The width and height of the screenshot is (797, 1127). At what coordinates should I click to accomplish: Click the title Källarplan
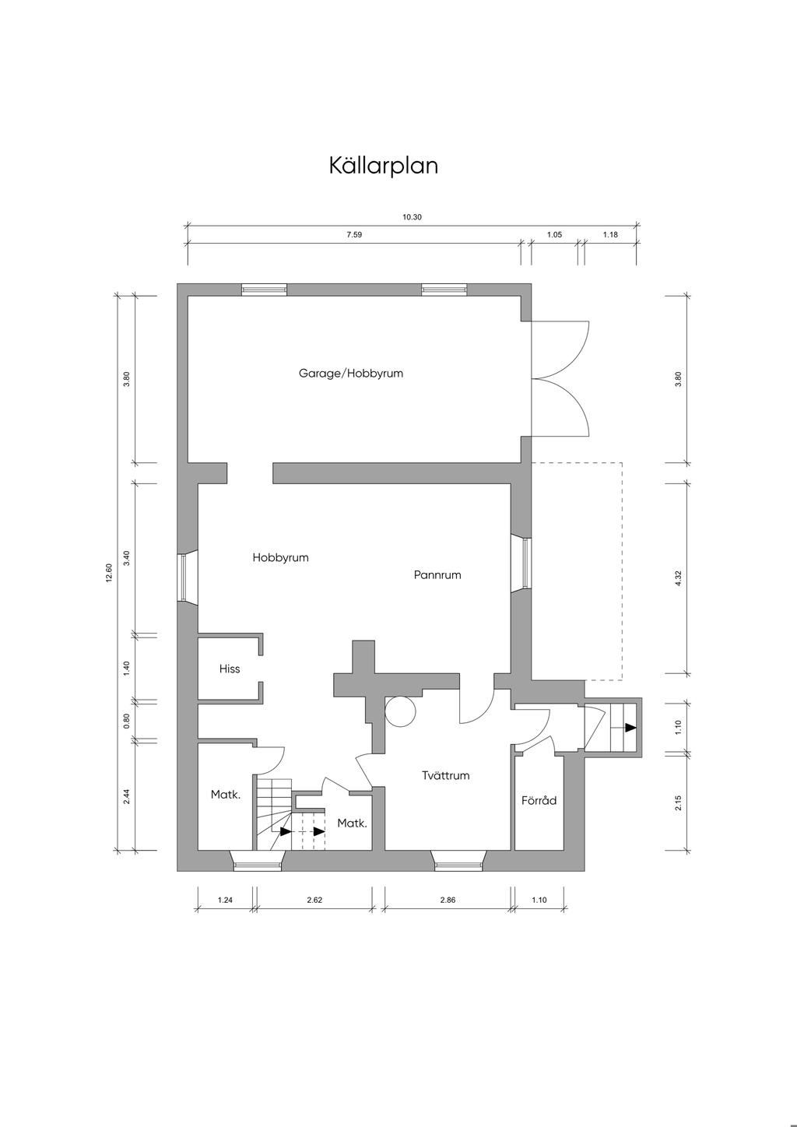pyautogui.click(x=384, y=166)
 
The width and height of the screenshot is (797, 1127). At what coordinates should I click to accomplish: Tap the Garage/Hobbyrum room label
pyautogui.click(x=351, y=374)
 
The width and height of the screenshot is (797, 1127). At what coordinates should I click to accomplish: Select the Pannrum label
pyautogui.click(x=437, y=574)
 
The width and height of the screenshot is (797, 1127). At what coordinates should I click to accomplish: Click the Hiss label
pyautogui.click(x=230, y=669)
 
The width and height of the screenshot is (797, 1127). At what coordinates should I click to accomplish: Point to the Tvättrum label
pyautogui.click(x=446, y=775)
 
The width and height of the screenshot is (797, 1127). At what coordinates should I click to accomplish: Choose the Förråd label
pyautogui.click(x=539, y=800)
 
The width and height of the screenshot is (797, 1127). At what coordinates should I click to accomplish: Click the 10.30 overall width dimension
pyautogui.click(x=412, y=217)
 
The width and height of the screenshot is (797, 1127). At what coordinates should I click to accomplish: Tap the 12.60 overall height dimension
pyautogui.click(x=109, y=573)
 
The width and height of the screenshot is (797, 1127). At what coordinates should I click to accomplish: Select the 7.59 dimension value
pyautogui.click(x=354, y=234)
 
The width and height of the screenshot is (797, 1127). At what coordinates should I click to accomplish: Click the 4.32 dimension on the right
pyautogui.click(x=678, y=578)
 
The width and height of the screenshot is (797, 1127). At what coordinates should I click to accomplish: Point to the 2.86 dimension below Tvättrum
pyautogui.click(x=448, y=900)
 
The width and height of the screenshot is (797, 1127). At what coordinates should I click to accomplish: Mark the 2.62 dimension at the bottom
pyautogui.click(x=314, y=900)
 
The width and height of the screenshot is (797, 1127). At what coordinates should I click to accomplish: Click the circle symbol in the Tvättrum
pyautogui.click(x=400, y=711)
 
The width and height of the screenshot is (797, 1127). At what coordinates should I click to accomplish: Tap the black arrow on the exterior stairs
pyautogui.click(x=630, y=727)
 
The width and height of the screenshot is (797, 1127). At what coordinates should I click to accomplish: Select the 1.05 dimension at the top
pyautogui.click(x=554, y=234)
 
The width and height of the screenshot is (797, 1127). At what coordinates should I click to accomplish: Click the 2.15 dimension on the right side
pyautogui.click(x=678, y=802)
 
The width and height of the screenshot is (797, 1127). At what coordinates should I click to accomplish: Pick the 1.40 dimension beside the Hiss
pyautogui.click(x=127, y=668)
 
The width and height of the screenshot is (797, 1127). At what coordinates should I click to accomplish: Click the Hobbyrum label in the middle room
pyautogui.click(x=280, y=557)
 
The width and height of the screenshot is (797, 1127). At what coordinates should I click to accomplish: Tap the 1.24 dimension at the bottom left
pyautogui.click(x=225, y=900)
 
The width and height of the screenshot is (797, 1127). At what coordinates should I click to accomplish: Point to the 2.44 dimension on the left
pyautogui.click(x=127, y=796)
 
